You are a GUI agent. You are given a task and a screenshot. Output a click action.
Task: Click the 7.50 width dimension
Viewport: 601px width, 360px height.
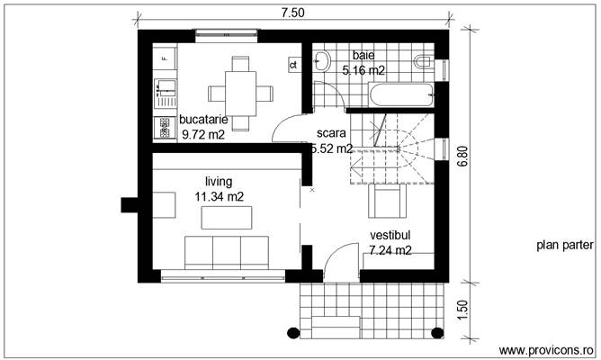(x=292, y=12)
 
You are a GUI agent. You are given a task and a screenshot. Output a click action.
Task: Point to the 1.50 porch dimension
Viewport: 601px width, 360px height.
(x=462, y=309)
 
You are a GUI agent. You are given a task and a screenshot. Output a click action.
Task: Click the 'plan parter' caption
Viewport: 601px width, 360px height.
(x=563, y=244)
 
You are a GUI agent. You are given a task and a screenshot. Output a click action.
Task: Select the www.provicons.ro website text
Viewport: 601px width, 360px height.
(x=546, y=349)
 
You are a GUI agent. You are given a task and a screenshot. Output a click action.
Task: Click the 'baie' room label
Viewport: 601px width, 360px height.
(x=363, y=55)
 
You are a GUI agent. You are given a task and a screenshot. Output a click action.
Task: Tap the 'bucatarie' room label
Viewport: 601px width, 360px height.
(x=203, y=120)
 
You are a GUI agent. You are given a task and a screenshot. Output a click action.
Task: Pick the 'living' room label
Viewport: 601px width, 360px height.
(x=219, y=180)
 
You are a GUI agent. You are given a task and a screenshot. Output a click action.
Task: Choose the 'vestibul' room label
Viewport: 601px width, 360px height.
(x=390, y=235)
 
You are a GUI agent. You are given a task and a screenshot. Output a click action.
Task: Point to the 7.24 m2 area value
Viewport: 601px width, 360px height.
(x=390, y=250)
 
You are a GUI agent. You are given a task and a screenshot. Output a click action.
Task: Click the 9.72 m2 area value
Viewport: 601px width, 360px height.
(x=203, y=135)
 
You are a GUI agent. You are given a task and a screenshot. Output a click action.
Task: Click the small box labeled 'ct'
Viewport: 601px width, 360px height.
(x=293, y=65)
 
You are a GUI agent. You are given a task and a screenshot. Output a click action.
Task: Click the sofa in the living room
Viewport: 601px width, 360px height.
(x=226, y=251)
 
